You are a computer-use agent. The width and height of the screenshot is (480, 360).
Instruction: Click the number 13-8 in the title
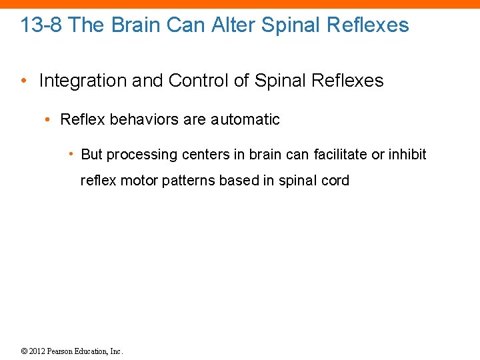42,25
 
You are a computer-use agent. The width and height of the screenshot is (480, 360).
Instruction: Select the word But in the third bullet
92,155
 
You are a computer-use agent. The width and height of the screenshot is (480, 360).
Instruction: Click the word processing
137,155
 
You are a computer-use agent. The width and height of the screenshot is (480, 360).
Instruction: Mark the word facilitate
339,155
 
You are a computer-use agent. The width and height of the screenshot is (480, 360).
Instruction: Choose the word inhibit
407,155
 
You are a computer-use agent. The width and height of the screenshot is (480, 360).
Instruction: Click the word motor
135,181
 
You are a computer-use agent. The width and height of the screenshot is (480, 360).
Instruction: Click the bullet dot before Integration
25,81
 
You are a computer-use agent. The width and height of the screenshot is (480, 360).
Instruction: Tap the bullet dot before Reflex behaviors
47,120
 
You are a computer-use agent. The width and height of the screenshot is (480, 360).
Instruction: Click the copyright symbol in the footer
25,351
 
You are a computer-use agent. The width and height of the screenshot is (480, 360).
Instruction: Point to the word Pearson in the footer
64,351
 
